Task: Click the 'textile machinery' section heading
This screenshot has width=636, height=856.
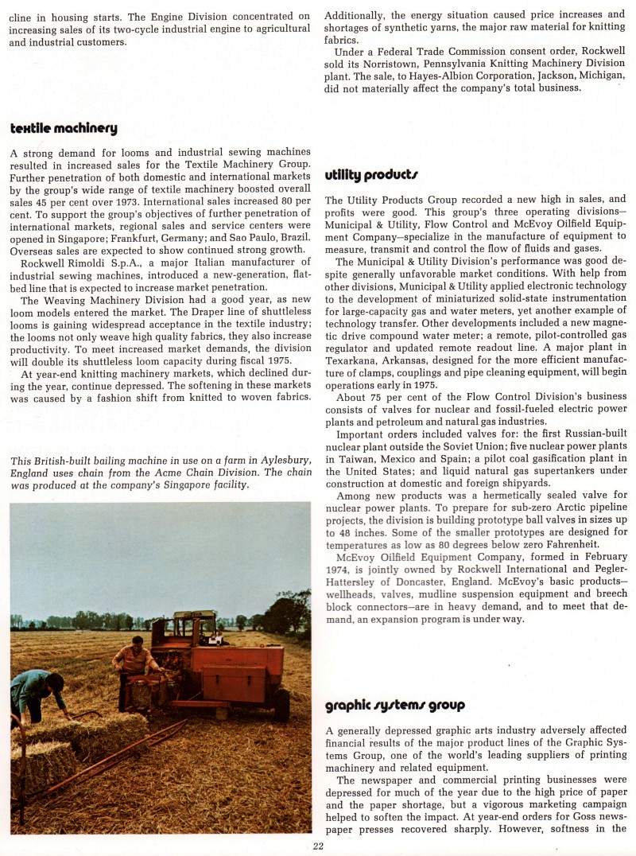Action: tap(64, 128)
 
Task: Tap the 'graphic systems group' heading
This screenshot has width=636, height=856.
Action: tap(395, 705)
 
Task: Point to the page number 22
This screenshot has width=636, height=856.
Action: tap(318, 846)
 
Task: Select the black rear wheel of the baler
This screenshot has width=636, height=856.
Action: tap(281, 705)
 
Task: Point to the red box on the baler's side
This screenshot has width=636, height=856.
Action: tap(238, 682)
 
